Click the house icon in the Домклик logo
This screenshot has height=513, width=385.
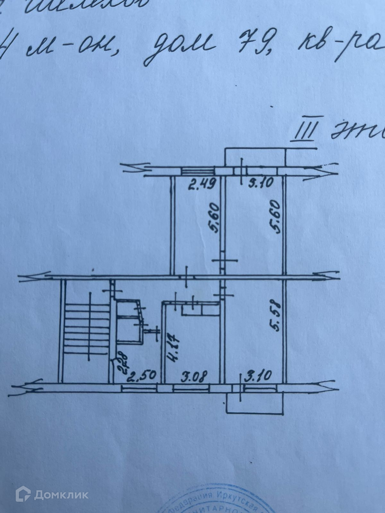(23, 495)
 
